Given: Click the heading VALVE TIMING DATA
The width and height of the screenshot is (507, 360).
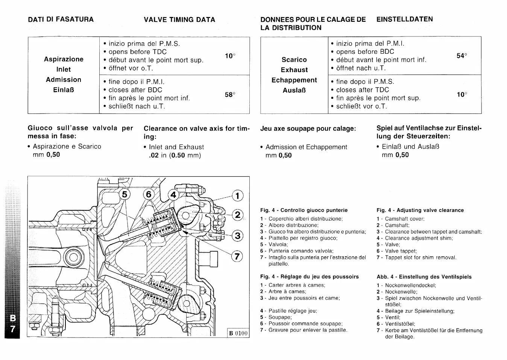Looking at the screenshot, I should [179, 20].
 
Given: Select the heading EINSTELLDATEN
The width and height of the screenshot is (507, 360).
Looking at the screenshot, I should [405, 19].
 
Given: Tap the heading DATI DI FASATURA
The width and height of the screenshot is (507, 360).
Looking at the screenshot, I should [61, 19].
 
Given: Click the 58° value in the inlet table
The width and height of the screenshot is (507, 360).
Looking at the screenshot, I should [230, 95].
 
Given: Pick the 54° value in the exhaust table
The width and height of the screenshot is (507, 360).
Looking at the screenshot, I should [461, 56].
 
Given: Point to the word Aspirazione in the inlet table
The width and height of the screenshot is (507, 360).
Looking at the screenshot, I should [64, 59].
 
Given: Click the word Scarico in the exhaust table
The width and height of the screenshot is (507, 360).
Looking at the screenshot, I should [294, 59].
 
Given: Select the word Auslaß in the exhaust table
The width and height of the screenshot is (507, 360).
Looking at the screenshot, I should [294, 90].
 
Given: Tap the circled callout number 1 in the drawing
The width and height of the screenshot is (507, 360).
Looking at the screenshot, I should [238, 196].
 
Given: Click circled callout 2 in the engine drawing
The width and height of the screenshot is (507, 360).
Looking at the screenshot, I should [238, 215].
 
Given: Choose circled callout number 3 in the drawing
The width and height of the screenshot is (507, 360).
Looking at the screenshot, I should [238, 236].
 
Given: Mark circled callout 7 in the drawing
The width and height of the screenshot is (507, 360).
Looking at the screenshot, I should [237, 257].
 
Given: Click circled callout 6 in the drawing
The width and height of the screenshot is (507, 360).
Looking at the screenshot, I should [149, 194].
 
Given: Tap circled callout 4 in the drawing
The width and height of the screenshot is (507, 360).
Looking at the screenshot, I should [173, 195].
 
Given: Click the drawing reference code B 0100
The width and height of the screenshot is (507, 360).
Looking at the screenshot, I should [238, 333].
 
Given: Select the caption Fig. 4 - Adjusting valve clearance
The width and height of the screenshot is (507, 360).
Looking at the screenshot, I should [420, 210].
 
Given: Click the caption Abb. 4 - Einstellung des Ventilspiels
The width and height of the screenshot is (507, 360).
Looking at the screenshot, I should [424, 277].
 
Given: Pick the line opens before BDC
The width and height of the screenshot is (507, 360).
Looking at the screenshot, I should [365, 52].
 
